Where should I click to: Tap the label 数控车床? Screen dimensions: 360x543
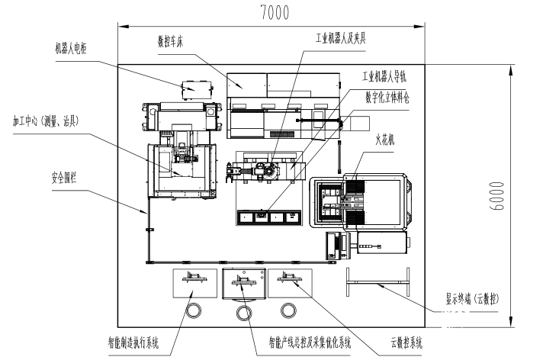[x=171, y=43]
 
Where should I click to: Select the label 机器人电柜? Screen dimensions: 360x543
[x=72, y=47]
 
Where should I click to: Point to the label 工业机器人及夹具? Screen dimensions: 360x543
[x=341, y=36]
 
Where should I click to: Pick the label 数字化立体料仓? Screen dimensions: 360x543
[x=387, y=97]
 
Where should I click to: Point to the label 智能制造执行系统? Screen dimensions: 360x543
[x=133, y=344]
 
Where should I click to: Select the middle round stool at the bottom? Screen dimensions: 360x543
[x=244, y=313]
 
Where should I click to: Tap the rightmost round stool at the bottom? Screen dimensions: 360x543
[x=288, y=310]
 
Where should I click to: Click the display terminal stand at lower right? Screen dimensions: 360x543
[x=379, y=283]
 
